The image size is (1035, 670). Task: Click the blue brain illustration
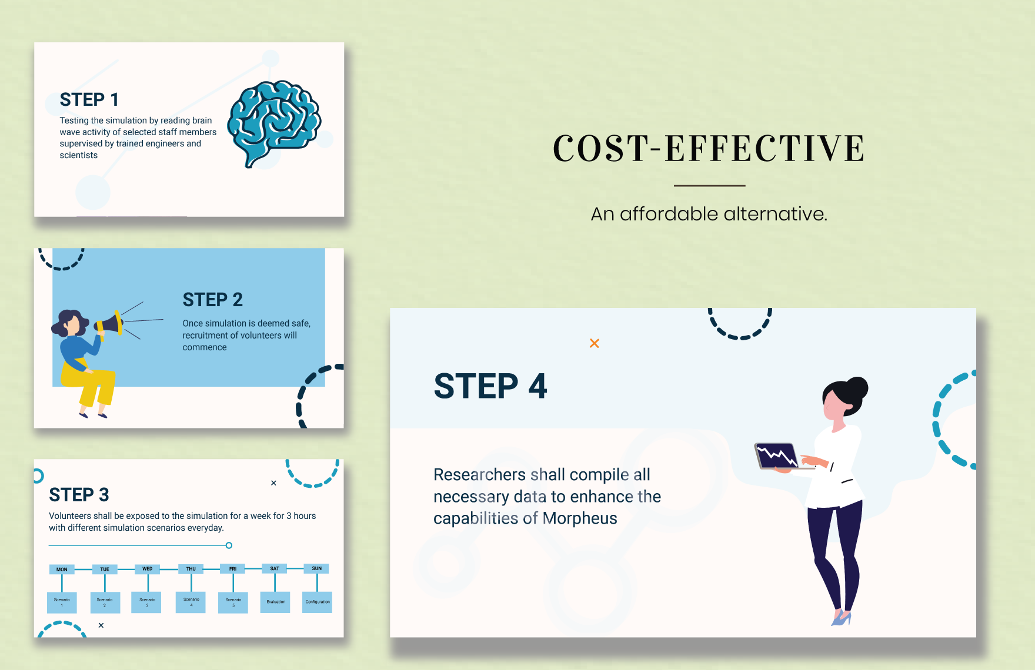[x=273, y=122]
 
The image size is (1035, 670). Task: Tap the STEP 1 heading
[x=89, y=100]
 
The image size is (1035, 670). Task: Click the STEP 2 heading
[x=212, y=300]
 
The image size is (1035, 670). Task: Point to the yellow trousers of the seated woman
[x=94, y=385]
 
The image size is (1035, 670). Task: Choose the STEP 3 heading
[x=79, y=495]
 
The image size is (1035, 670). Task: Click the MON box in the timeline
[x=62, y=569]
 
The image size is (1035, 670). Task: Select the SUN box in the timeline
[x=316, y=568]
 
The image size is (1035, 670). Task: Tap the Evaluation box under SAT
[x=275, y=602]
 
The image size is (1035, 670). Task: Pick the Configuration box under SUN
[x=317, y=602]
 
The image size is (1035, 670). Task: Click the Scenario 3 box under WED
[x=147, y=602]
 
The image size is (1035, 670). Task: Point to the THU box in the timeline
[x=191, y=569]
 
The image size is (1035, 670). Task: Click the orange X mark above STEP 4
[x=595, y=343]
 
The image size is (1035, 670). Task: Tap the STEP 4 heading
[x=490, y=386]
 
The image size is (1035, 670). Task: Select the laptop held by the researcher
[x=776, y=456]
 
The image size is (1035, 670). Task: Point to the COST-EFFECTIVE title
[x=709, y=148]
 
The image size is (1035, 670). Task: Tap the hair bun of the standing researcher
[x=857, y=387]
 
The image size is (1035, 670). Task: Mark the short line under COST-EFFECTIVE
[x=709, y=186]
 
